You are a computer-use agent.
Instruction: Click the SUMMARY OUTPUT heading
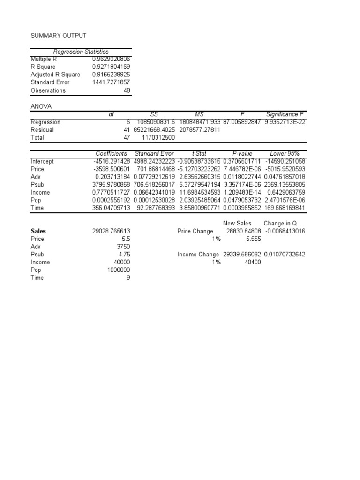(x=59, y=36)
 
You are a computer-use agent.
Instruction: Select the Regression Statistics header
(x=81, y=52)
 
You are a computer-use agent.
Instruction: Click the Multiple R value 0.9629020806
(x=112, y=59)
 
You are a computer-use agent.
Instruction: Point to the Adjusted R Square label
(x=55, y=75)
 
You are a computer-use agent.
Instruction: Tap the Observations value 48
(x=127, y=90)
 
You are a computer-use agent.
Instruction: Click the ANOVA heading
(x=41, y=106)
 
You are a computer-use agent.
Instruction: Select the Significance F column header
(x=285, y=114)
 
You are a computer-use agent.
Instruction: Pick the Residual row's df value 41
(x=127, y=130)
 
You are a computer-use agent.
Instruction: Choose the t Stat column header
(x=196, y=153)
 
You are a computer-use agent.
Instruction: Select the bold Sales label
(x=38, y=231)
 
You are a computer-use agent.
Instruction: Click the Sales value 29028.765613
(x=112, y=231)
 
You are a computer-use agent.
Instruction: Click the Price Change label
(x=195, y=231)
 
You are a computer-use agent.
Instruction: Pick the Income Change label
(x=198, y=255)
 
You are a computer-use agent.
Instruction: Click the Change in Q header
(x=281, y=224)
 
